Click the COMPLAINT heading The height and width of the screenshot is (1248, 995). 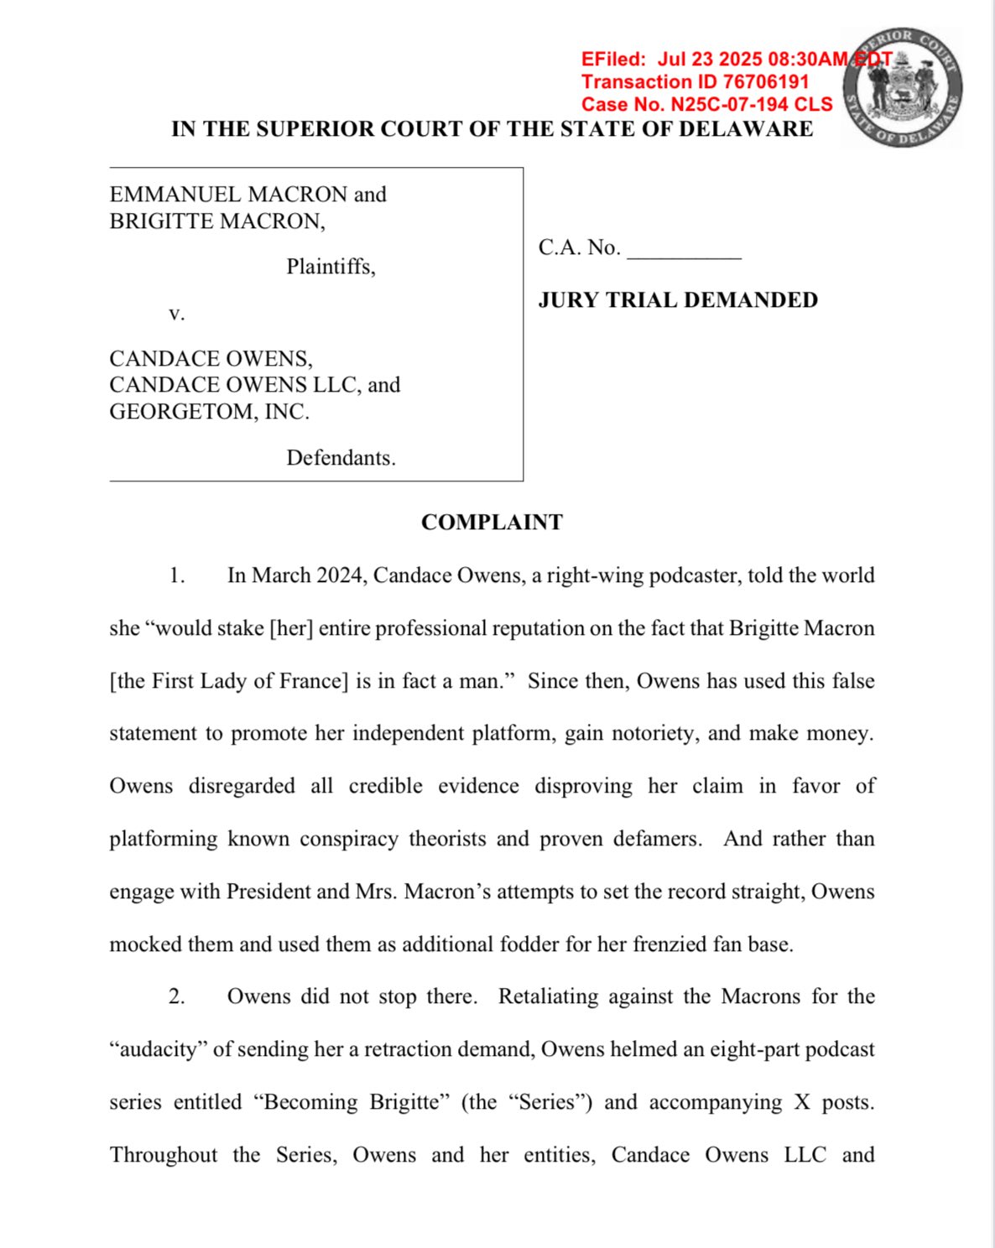click(x=492, y=523)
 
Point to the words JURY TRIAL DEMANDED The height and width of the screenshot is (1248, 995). click(x=678, y=300)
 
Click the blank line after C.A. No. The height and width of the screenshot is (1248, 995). click(x=684, y=249)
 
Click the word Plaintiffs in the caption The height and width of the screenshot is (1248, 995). click(x=330, y=267)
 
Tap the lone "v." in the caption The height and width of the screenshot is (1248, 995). click(x=176, y=314)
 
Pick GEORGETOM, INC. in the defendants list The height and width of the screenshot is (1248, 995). click(x=209, y=412)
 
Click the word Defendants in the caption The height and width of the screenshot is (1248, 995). click(x=340, y=458)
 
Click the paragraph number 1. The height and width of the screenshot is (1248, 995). click(x=176, y=576)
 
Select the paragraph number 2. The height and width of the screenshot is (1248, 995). click(x=176, y=997)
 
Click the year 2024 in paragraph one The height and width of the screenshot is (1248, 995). click(x=340, y=576)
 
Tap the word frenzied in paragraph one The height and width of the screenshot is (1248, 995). click(x=670, y=944)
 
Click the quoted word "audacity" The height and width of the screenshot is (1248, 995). click(x=158, y=1050)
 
